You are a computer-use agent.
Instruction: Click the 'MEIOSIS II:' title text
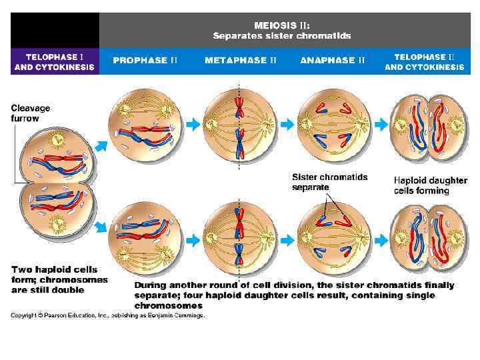point(281,25)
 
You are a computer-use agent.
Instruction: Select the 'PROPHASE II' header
point(145,60)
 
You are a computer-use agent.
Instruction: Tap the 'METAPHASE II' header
point(240,60)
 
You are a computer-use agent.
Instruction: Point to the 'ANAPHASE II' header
point(332,60)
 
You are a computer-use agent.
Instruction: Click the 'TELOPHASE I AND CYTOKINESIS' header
point(54,62)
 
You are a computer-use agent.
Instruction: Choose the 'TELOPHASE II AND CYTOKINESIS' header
point(424,62)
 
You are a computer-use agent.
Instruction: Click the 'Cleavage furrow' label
point(30,113)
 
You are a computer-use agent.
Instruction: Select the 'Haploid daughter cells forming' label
point(421,185)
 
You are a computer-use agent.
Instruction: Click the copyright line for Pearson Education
point(107,315)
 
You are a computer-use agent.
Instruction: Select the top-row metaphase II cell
point(239,124)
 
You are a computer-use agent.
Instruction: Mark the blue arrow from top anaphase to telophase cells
point(381,123)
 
